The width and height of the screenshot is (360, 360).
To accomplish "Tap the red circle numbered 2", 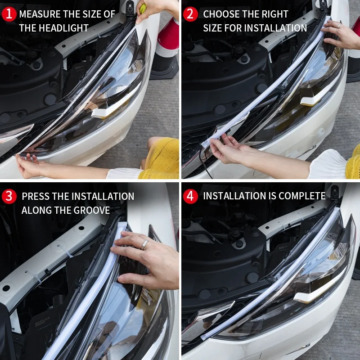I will click(x=191, y=14).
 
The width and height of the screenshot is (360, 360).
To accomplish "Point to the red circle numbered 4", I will click(x=191, y=196).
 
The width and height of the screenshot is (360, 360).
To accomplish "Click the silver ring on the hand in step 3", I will click(x=145, y=244).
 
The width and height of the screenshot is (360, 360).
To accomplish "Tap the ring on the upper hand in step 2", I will click(x=338, y=26).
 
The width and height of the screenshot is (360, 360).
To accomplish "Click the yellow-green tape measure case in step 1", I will click(x=143, y=8).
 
